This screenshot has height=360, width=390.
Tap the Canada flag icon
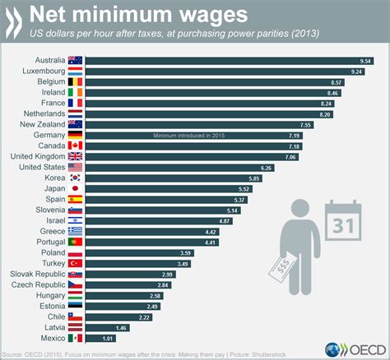point(75,145)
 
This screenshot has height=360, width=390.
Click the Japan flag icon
point(75,188)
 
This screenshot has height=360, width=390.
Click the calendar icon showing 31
point(339,219)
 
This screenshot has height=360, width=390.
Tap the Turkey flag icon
point(75,262)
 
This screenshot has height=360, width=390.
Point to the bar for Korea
point(173,178)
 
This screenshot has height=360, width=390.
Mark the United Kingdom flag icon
point(75,156)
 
